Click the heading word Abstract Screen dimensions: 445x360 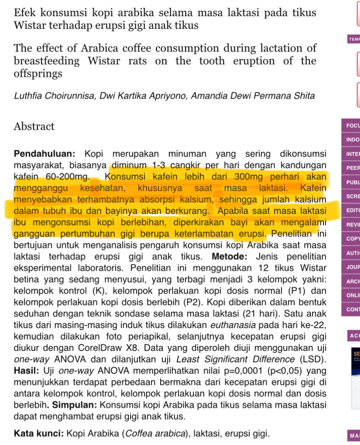(x=34, y=127)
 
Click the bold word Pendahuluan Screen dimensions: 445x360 (x=45, y=154)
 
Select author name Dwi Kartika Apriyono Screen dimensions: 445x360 (x=141, y=96)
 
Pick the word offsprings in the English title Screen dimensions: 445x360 (x=38, y=73)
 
